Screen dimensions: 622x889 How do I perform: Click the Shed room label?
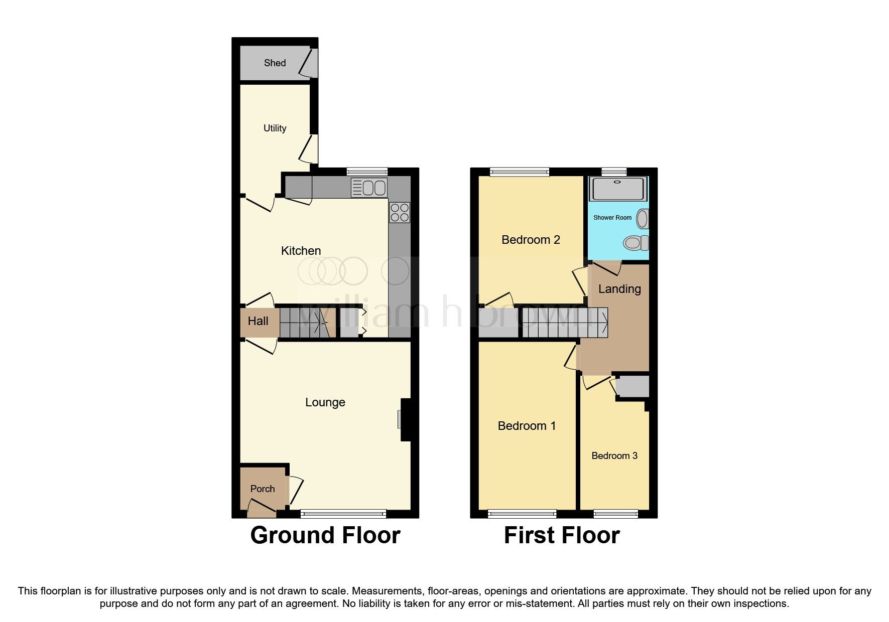coord(275,63)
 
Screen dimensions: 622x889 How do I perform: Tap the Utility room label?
coord(275,128)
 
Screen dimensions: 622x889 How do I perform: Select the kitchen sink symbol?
coord(369,188)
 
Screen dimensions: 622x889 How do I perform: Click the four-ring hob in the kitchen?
coord(400,212)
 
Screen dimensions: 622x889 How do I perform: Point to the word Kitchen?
coord(301,250)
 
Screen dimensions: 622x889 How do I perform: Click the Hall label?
coord(258,321)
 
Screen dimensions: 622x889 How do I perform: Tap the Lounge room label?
coord(325,402)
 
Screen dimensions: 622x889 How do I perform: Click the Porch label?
coord(262,489)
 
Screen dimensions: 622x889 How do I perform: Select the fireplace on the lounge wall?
coord(405,420)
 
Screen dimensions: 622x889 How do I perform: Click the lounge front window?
coord(343,513)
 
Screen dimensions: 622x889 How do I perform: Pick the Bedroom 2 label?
coord(531,240)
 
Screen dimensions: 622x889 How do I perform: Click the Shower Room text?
coord(612,218)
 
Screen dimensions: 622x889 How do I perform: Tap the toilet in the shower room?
coord(636,243)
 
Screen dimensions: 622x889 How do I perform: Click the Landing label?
coord(619,289)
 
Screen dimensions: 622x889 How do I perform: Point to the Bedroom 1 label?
coord(527,426)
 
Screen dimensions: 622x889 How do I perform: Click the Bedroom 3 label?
coord(614,455)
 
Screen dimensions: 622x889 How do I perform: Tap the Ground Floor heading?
coord(325,535)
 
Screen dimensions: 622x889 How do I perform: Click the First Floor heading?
coord(561,535)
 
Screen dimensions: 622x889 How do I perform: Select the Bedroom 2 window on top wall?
coord(520,172)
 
